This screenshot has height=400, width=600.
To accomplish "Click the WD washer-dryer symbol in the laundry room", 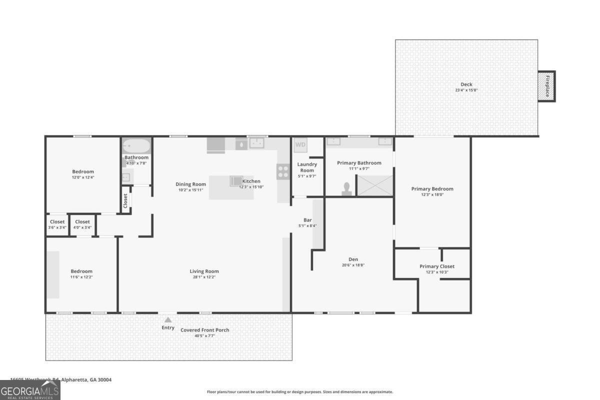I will pyautogui.click(x=300, y=145).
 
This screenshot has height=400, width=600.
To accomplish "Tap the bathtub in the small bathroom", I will pyautogui.click(x=136, y=146).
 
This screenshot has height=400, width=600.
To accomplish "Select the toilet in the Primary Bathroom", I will pyautogui.click(x=346, y=188).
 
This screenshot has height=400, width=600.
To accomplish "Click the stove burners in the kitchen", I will pyautogui.click(x=283, y=171).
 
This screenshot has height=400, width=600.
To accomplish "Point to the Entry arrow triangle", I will pyautogui.click(x=168, y=320).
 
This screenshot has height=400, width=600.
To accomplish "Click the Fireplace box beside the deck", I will pyautogui.click(x=546, y=86).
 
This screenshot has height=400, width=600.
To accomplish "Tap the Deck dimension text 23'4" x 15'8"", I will pyautogui.click(x=466, y=90).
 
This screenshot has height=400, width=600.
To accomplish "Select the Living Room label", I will pyautogui.click(x=204, y=271).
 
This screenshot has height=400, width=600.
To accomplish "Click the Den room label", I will pyautogui.click(x=353, y=259).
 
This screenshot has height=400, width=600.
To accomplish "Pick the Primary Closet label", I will pyautogui.click(x=437, y=266).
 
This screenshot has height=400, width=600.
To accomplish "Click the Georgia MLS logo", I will pyautogui.click(x=30, y=390).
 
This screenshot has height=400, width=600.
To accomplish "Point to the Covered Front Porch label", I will pyautogui.click(x=205, y=330).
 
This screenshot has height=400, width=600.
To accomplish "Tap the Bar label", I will pyautogui.click(x=307, y=220).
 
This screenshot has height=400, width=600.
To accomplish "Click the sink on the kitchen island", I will pyautogui.click(x=236, y=180).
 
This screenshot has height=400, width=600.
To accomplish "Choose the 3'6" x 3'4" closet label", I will pyautogui.click(x=57, y=222).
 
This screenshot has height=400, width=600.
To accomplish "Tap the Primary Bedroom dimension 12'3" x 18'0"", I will pyautogui.click(x=432, y=195).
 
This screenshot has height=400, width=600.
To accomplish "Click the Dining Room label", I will pyautogui.click(x=190, y=184).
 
